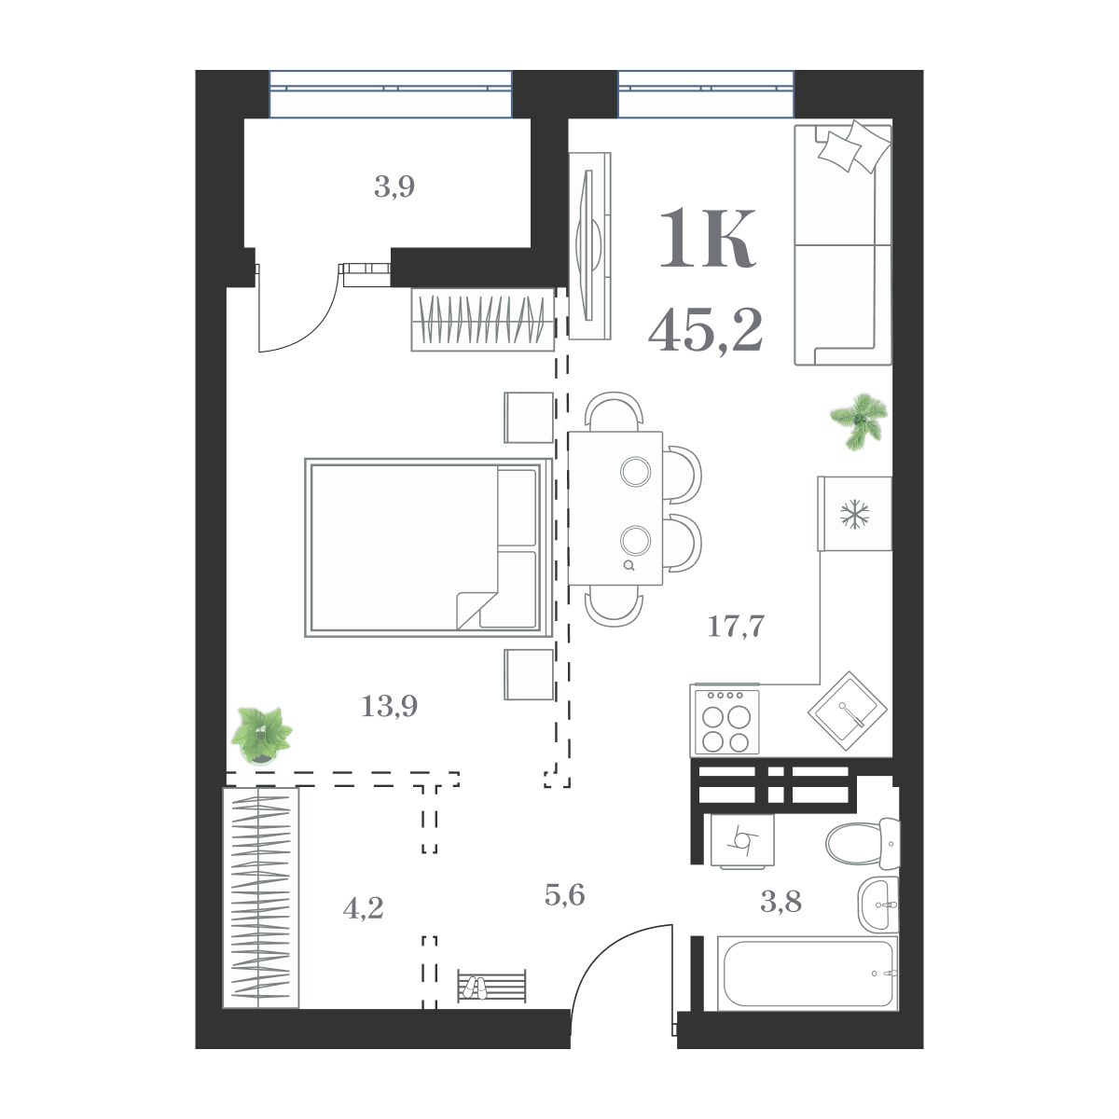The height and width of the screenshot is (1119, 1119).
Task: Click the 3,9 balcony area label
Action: [394, 187]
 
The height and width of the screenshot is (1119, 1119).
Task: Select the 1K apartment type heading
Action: [707, 241]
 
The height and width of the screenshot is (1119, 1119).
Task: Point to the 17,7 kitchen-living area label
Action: [736, 627]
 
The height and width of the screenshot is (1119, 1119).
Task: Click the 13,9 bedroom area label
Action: [389, 707]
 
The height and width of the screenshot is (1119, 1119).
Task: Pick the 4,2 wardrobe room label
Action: [363, 907]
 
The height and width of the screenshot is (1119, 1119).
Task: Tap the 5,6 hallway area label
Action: [564, 895]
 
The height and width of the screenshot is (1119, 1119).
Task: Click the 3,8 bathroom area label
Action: [781, 902]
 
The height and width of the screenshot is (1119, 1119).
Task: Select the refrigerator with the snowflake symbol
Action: [854, 514]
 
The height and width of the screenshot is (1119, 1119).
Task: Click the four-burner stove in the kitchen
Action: [725, 722]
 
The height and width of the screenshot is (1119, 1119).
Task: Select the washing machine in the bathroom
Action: [742, 840]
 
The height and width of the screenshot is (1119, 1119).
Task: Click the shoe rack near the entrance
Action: [491, 986]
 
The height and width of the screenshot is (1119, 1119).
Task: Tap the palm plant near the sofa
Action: [860, 421]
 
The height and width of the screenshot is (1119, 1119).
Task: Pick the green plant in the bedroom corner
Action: [261, 733]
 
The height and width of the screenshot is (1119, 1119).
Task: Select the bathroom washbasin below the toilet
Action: [878, 904]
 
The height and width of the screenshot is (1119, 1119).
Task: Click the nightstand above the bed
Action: [529, 417]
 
